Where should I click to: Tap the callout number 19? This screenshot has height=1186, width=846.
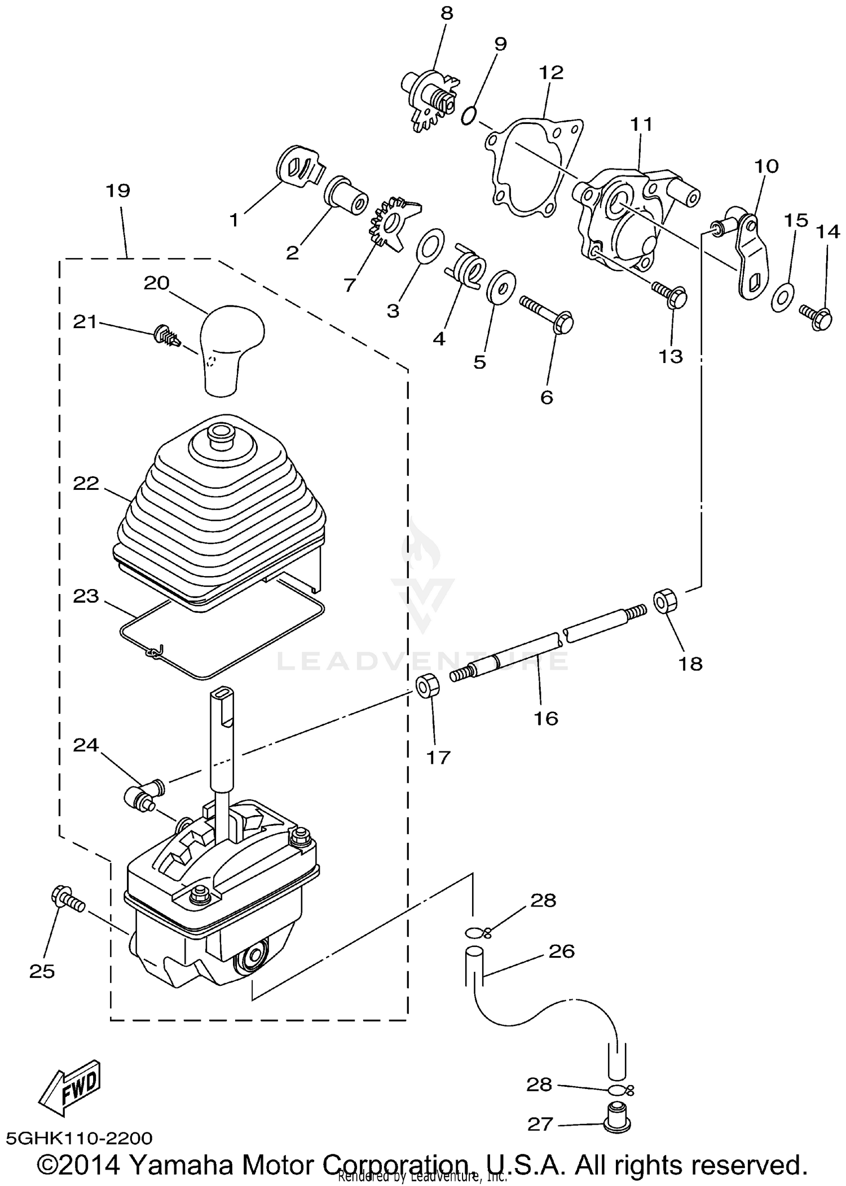click(x=118, y=191)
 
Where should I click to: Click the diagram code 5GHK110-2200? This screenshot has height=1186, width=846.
click(x=79, y=1138)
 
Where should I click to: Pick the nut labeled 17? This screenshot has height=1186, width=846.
click(x=428, y=685)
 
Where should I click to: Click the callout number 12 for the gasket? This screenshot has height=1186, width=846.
click(x=551, y=73)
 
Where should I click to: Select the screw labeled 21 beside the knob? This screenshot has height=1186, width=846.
click(x=166, y=336)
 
